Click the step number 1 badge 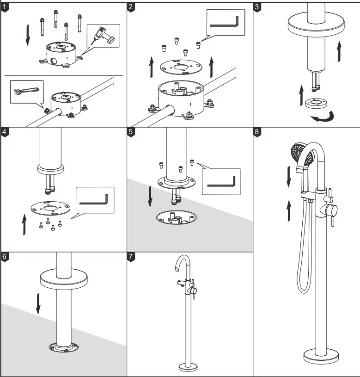(5, 7)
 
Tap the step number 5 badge (132, 131)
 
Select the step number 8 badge (257, 131)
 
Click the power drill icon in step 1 (104, 36)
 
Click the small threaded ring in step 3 (317, 102)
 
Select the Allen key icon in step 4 (94, 200)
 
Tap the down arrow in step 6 (38, 303)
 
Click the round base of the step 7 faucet (189, 367)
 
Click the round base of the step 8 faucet (322, 357)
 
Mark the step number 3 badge (257, 7)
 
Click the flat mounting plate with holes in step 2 (182, 68)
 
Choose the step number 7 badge (132, 257)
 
